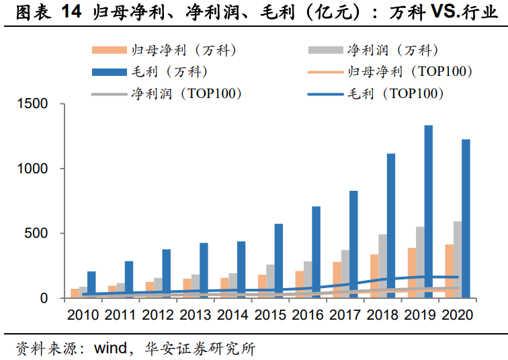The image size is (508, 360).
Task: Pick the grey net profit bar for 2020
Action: click(457, 259)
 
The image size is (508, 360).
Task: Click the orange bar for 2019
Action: click(411, 272)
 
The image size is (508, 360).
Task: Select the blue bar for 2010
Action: click(91, 284)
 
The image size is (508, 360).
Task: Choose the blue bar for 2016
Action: click(316, 252)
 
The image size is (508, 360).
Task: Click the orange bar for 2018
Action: click(374, 275)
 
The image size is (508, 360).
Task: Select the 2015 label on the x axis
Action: click(271, 314)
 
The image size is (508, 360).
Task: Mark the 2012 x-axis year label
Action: click(159, 314)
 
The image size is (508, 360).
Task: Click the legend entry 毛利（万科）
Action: click(164, 71)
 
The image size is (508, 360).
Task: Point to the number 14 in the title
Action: click(72, 12)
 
